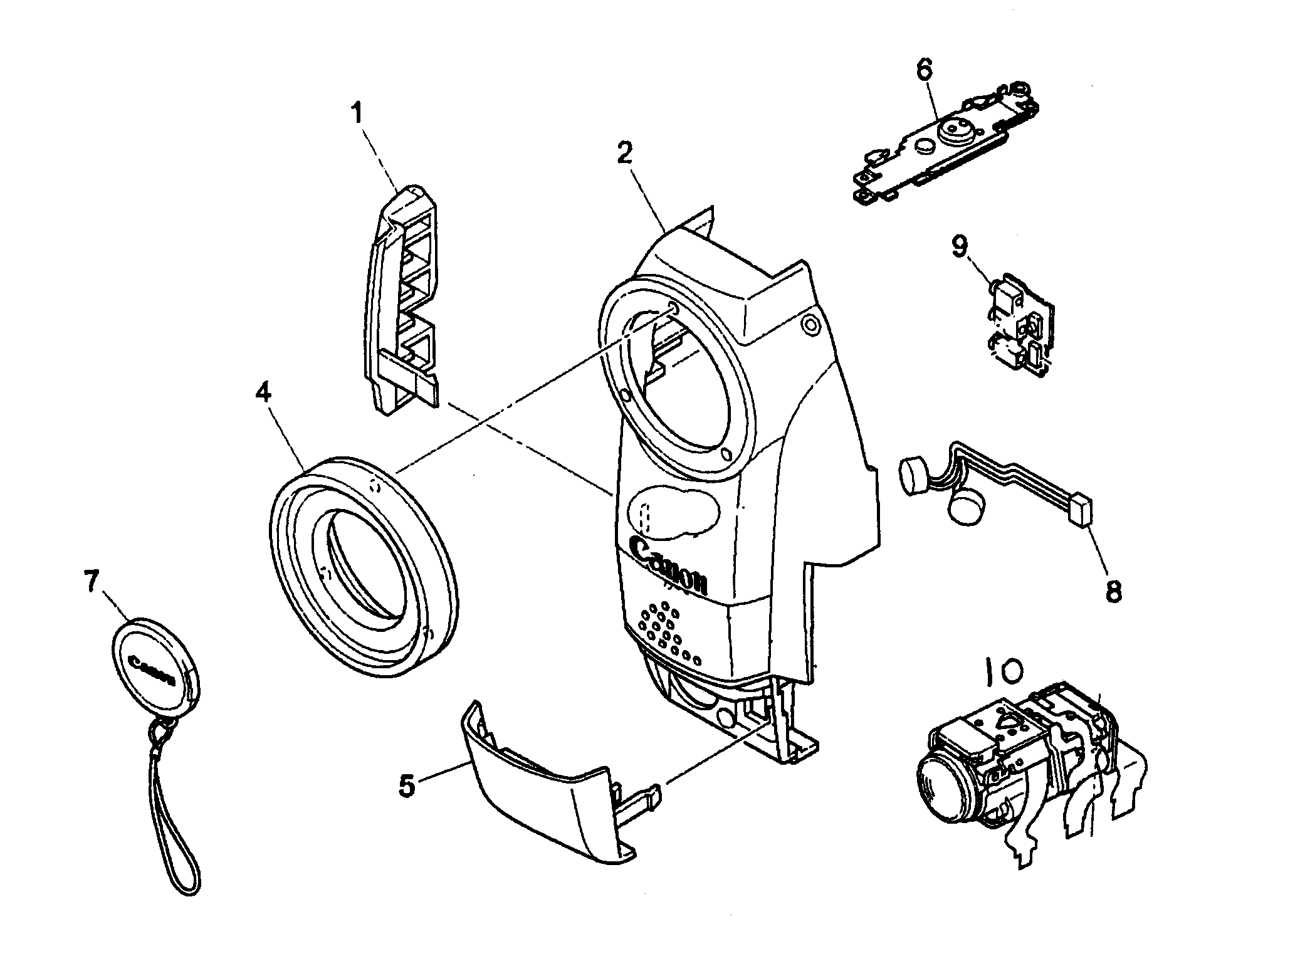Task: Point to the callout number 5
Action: click(407, 785)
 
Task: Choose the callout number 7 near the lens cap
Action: click(92, 582)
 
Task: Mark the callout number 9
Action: click(960, 246)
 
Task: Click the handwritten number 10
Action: click(1003, 673)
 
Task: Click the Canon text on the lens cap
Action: click(150, 670)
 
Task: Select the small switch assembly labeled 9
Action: click(1020, 324)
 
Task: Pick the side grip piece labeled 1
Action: click(401, 295)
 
